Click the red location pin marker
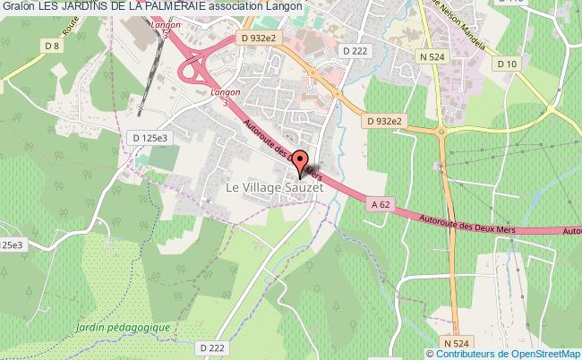point(298,163)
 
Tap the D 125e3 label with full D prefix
point(150,137)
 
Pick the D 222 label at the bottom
point(213,347)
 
